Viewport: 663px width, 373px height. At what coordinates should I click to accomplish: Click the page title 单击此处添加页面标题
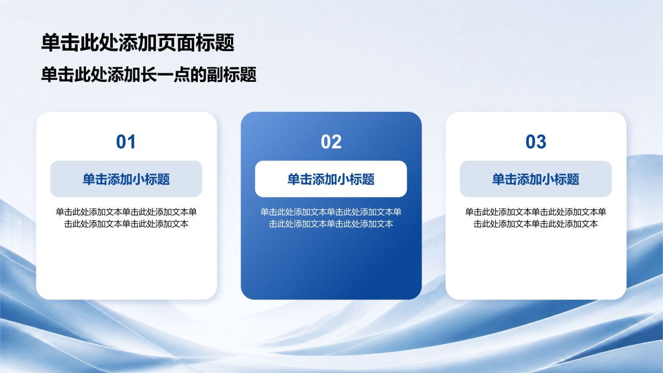138,42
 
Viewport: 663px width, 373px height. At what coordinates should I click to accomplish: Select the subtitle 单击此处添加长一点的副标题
149,74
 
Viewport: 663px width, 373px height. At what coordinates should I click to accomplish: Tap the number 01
126,142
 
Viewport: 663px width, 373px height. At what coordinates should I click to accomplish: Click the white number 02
331,142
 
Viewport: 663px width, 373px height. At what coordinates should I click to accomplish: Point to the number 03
536,142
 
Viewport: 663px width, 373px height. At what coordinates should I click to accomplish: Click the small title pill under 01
126,179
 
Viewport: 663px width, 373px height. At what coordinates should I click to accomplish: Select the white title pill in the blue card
331,179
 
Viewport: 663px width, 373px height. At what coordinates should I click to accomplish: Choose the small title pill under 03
536,179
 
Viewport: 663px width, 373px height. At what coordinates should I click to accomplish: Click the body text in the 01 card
126,218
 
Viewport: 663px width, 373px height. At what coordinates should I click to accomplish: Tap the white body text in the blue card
331,218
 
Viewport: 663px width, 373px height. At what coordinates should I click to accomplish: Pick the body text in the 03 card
536,218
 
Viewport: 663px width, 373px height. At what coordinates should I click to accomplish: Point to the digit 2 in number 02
337,142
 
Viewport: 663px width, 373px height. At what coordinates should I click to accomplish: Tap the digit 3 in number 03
541,142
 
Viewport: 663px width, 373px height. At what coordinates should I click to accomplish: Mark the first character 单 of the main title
51,42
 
